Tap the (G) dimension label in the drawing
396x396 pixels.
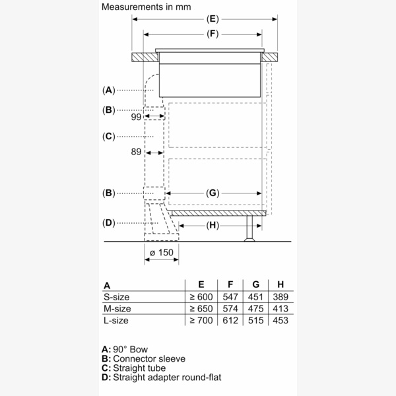(212, 193)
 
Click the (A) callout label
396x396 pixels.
(109, 90)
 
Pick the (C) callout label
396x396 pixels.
(109, 137)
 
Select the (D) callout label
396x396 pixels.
(109, 222)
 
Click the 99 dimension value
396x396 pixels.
(137, 117)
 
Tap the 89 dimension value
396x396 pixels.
(137, 152)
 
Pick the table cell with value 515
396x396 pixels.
(255, 320)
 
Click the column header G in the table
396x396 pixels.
(255, 286)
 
